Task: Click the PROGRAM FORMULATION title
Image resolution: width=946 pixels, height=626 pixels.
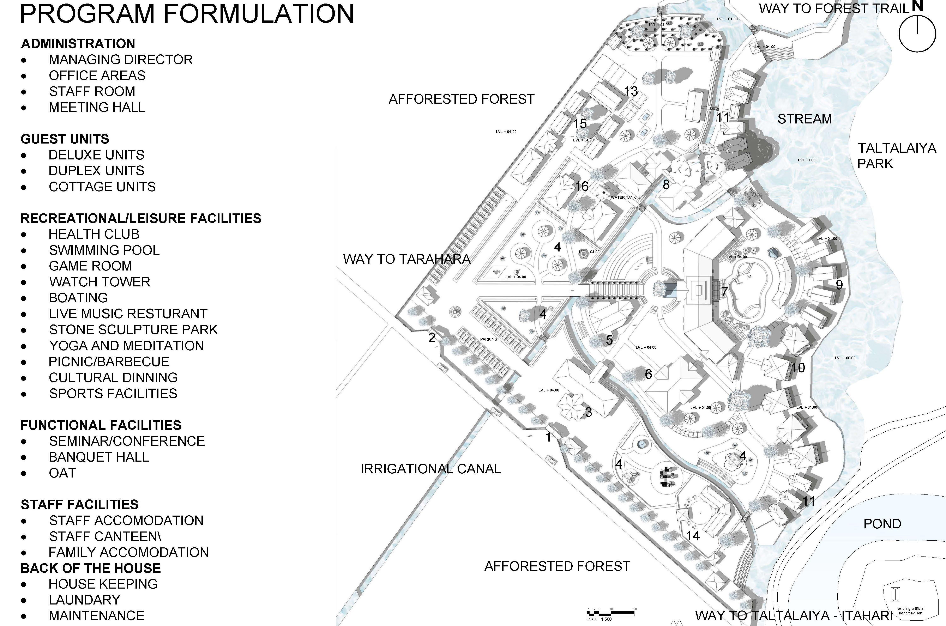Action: click(187, 14)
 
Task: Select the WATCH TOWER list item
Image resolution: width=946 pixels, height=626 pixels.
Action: click(100, 282)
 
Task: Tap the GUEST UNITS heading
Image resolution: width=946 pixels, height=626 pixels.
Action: click(65, 139)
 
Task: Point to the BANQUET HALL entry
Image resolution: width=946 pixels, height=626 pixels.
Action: click(99, 457)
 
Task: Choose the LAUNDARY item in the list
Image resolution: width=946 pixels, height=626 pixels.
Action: click(84, 600)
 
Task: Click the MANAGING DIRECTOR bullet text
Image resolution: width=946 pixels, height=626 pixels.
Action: click(121, 60)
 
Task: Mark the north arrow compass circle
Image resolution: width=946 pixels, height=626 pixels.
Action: click(917, 34)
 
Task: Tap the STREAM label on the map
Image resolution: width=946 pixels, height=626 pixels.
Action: click(804, 119)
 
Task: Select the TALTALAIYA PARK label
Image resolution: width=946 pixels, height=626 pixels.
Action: click(897, 156)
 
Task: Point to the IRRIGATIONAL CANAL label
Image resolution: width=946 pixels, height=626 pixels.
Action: click(430, 469)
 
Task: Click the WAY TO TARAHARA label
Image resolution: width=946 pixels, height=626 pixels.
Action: click(406, 259)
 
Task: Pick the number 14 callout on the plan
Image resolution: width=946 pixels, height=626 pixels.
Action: click(693, 535)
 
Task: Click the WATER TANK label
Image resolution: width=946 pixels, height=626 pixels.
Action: click(623, 197)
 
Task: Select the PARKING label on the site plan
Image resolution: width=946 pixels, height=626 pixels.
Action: click(488, 339)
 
